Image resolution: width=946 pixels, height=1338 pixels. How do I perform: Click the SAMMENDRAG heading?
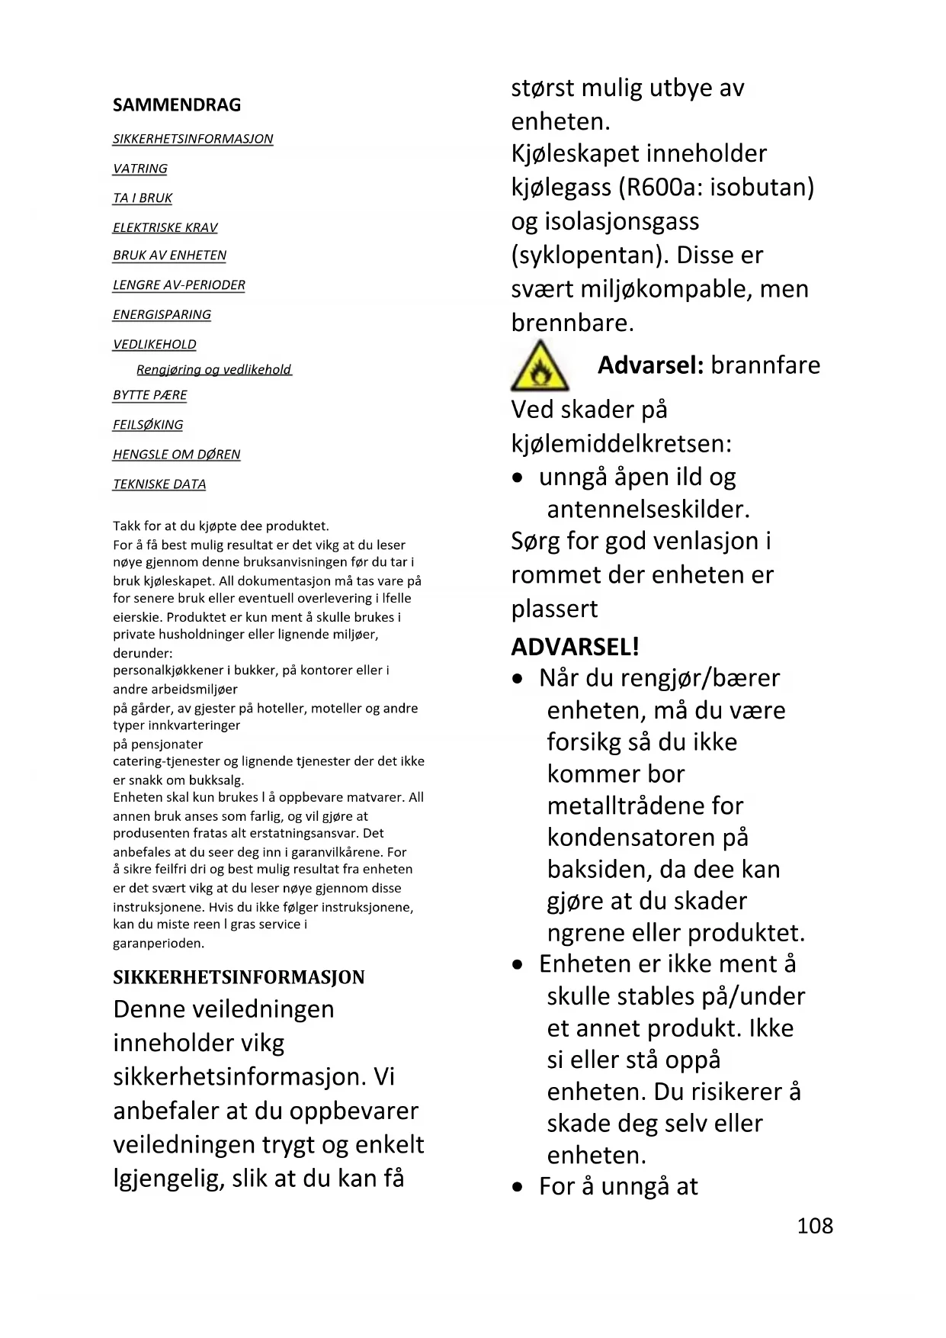coord(177,105)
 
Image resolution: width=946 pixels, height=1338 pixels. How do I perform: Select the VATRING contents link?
coord(140,169)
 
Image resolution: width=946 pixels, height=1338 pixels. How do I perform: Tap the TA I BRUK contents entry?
coord(143,198)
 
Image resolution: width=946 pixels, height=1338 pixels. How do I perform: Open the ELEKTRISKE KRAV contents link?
coord(165,228)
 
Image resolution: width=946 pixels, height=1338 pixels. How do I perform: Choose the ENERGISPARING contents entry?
coord(162,315)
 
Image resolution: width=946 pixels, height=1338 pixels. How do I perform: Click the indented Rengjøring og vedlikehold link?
coord(213,370)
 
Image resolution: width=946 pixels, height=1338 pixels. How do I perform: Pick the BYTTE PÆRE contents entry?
coord(150,395)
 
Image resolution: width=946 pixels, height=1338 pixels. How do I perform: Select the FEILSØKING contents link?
coord(148,425)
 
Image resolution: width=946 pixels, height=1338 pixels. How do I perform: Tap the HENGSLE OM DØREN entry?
coord(177,455)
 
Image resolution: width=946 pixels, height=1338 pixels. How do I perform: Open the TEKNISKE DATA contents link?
coord(159,484)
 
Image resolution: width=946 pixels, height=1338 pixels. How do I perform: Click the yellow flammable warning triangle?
coord(540,367)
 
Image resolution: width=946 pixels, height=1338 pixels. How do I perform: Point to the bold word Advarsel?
coord(650,365)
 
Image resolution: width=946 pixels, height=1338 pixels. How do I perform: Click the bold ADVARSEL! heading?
coord(575,647)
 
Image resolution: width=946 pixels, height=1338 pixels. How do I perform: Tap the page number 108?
coord(815,1226)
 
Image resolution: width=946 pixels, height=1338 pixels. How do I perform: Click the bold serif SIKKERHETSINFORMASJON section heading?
coord(239,977)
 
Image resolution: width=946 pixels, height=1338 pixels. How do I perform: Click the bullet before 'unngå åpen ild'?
coord(518,478)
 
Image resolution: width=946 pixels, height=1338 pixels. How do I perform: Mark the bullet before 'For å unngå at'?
coord(518,1188)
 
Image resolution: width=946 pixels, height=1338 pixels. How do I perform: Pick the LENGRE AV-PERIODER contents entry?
coord(179,285)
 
